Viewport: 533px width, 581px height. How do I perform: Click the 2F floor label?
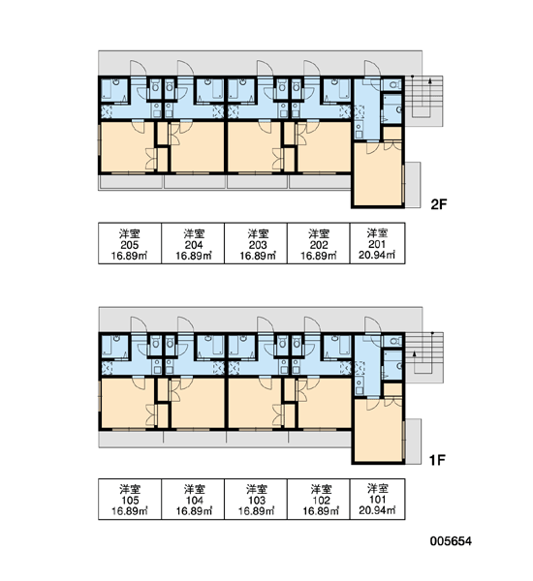(x=439, y=204)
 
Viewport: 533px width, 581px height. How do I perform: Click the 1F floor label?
(x=437, y=460)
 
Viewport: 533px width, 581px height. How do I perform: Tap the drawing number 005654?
(x=451, y=541)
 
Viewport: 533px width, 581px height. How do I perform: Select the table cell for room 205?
(x=130, y=243)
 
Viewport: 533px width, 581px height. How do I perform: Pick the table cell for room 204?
(x=193, y=243)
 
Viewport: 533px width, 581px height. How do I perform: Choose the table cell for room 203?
(x=256, y=243)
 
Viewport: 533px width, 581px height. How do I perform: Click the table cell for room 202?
(x=319, y=243)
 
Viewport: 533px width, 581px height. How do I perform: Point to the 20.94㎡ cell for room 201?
(x=378, y=243)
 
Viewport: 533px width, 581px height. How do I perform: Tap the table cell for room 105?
(x=130, y=499)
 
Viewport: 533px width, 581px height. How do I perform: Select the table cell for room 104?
(x=193, y=499)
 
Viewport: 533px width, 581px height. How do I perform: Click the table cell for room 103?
(x=256, y=499)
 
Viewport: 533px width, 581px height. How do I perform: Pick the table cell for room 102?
(x=319, y=499)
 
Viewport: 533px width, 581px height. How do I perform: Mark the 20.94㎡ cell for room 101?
(x=378, y=499)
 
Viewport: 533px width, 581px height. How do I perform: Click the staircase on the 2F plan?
(x=423, y=101)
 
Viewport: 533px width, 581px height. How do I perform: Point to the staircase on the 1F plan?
(x=423, y=357)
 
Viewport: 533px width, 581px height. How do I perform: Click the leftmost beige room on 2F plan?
(x=127, y=147)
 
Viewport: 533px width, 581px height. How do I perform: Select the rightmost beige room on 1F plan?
(x=378, y=430)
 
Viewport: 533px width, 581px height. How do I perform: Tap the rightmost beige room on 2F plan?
(x=378, y=173)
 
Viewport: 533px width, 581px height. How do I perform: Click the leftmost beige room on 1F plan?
(x=127, y=403)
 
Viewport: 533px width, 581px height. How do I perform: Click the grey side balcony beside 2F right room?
(x=413, y=185)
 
